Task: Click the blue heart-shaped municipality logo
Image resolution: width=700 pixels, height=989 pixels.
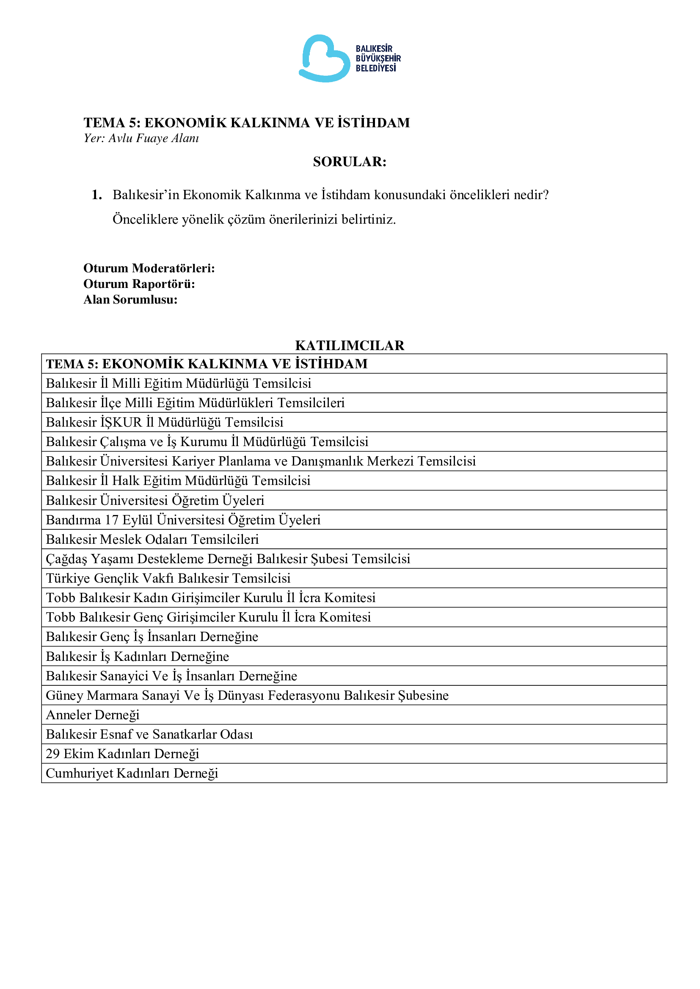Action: [x=324, y=58]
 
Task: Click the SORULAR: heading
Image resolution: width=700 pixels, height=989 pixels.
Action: [x=350, y=162]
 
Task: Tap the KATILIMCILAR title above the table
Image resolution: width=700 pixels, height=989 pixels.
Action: [x=350, y=345]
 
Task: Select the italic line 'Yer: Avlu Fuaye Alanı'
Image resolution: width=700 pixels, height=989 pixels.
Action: [x=141, y=138]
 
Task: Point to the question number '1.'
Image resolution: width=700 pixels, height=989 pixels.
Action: [x=97, y=195]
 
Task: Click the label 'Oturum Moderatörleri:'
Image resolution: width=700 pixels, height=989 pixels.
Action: [x=149, y=268]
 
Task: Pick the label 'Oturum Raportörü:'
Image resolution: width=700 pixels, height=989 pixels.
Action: [x=139, y=284]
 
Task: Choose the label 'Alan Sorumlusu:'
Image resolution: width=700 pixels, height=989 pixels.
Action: [x=130, y=299]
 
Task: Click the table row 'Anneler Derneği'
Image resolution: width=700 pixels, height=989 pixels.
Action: [x=93, y=715]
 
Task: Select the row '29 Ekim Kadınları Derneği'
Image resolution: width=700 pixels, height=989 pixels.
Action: [x=122, y=753]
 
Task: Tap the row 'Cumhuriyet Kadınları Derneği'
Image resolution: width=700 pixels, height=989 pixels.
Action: [x=132, y=773]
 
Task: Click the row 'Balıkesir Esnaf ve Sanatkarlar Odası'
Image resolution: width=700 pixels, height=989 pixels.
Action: [x=149, y=734]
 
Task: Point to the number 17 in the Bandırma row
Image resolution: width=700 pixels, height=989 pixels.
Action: [x=112, y=520]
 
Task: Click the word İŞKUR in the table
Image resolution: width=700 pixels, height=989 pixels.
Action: [x=121, y=422]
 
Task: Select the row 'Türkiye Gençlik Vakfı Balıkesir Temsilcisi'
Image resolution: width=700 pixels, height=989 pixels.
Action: [x=168, y=578]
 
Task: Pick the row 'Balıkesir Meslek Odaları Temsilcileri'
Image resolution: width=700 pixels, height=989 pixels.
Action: [x=152, y=539]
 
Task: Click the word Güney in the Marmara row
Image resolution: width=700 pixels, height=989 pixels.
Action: [x=64, y=695]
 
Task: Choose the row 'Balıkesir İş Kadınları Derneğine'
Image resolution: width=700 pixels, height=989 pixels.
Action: [x=138, y=657]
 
